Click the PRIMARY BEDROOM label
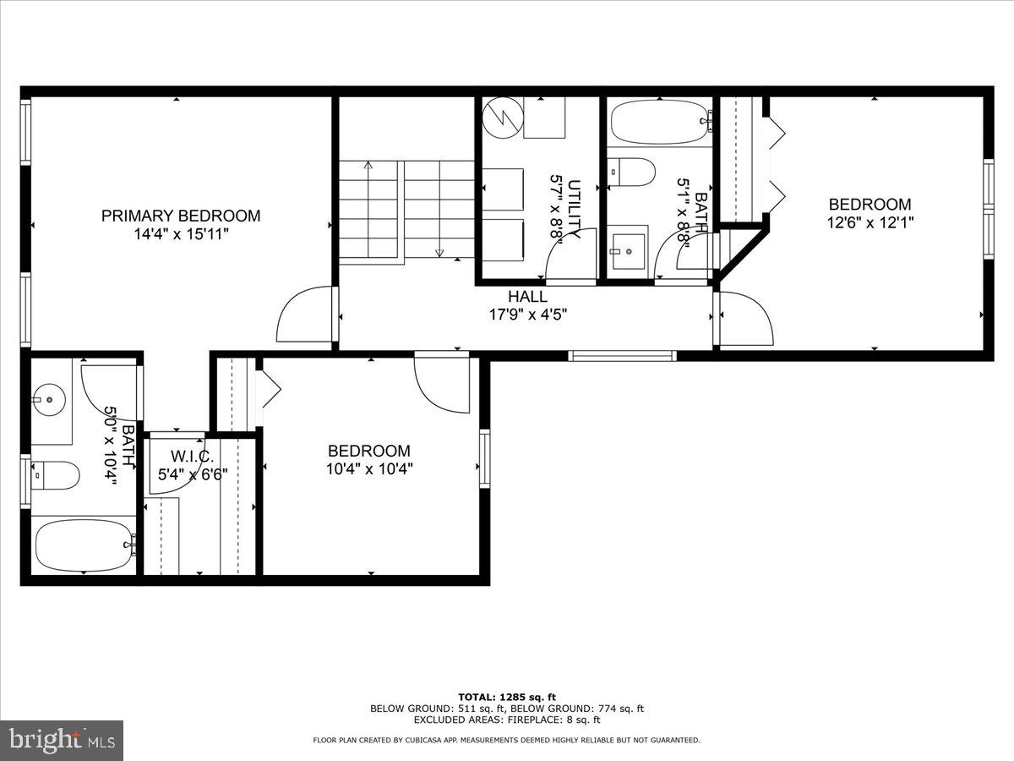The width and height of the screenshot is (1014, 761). [181, 216]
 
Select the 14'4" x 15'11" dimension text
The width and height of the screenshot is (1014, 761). [181, 234]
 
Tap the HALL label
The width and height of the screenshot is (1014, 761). [527, 297]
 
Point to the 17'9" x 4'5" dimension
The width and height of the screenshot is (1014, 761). [527, 315]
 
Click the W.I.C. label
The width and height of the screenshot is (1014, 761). [190, 458]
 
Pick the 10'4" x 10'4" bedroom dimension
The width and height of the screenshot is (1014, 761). [369, 469]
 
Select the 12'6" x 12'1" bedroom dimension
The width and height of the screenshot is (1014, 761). [870, 222]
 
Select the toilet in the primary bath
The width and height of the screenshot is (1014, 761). [56, 475]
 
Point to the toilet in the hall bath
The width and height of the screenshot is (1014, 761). [634, 172]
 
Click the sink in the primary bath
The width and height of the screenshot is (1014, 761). [50, 395]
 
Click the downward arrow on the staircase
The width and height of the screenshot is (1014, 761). [439, 252]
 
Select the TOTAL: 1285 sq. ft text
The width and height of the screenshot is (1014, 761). [506, 697]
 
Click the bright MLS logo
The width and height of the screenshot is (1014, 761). [62, 741]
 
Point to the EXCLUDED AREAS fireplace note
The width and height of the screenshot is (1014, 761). [506, 720]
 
